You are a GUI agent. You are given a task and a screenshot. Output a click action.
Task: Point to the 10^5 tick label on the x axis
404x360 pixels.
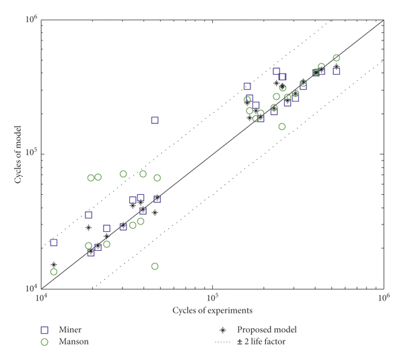click(x=212, y=297)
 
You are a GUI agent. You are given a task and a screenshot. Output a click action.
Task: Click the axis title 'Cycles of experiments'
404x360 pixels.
click(x=212, y=310)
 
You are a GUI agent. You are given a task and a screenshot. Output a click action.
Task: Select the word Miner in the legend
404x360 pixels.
click(x=71, y=330)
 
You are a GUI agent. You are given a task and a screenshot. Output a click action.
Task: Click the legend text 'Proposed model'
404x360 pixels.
click(x=267, y=330)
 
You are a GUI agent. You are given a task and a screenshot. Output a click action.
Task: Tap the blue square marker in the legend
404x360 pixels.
click(x=45, y=330)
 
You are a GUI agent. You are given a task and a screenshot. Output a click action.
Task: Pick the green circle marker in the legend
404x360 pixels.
click(x=45, y=342)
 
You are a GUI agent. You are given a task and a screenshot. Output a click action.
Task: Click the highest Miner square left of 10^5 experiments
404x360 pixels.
click(x=155, y=120)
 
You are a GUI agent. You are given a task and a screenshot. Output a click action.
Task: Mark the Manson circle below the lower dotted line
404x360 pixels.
click(x=155, y=266)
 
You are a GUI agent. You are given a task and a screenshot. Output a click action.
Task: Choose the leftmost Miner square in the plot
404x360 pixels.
click(x=54, y=242)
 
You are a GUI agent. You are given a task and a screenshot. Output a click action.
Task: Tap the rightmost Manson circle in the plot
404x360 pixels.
click(x=337, y=58)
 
